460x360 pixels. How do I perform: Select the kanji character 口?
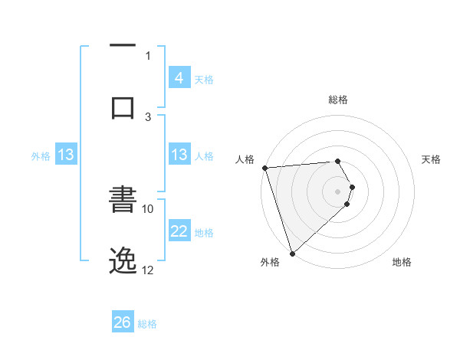(123, 107)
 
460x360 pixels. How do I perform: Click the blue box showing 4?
(179, 78)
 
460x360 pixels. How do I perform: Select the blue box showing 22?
(179, 232)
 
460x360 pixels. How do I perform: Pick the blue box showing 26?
(123, 322)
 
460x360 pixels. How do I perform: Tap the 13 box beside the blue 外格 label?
(66, 155)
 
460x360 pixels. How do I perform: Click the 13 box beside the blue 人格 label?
(179, 155)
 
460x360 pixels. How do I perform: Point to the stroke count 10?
(148, 208)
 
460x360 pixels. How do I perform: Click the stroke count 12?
(148, 270)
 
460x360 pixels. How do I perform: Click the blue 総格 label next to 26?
(147, 324)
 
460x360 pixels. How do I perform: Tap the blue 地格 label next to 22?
(204, 233)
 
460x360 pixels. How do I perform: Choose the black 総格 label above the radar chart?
(338, 100)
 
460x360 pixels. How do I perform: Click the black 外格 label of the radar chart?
(270, 263)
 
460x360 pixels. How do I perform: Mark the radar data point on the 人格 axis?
(264, 168)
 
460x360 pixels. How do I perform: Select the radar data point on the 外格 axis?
(291, 253)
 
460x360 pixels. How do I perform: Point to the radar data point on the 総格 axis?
(338, 161)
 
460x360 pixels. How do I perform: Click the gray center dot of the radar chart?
(338, 191)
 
